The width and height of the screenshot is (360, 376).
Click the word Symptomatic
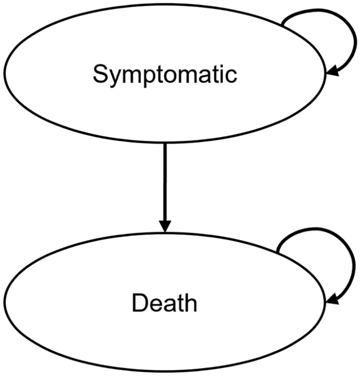tap(165, 75)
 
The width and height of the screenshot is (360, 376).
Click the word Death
tap(164, 303)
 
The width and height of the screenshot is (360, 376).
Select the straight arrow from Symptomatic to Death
tap(165, 184)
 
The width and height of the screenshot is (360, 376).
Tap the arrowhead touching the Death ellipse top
tap(165, 226)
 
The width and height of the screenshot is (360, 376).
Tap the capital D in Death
tap(139, 303)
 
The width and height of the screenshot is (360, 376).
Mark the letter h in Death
tap(191, 303)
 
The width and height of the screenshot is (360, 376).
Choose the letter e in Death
tap(155, 305)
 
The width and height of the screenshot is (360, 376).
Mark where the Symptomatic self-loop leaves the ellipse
tap(282, 24)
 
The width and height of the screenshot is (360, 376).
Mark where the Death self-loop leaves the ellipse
tap(277, 253)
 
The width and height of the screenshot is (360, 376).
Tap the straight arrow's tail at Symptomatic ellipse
tap(165, 143)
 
